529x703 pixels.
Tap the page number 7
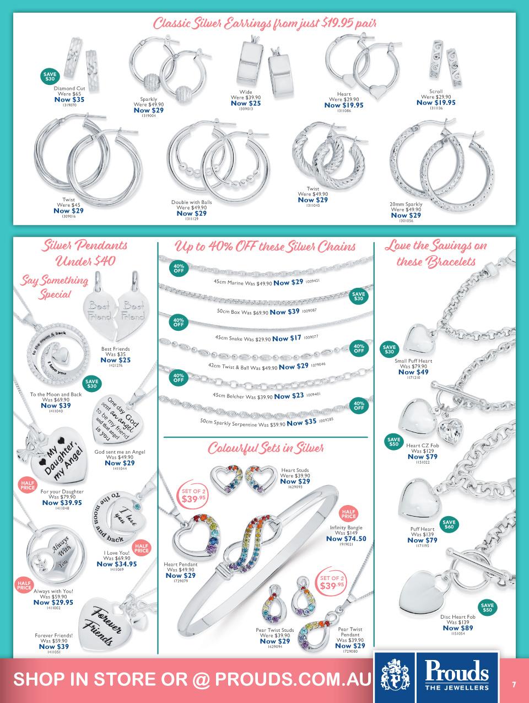(514, 684)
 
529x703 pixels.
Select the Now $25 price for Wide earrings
(245, 103)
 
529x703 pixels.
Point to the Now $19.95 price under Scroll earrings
(436, 103)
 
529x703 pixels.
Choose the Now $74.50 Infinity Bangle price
(346, 539)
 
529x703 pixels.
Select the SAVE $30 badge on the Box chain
(358, 297)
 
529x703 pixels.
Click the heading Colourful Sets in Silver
(265, 448)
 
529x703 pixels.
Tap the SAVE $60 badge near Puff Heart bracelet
(449, 524)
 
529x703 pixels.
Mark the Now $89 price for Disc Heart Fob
(457, 628)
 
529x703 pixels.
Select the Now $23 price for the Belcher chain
(289, 396)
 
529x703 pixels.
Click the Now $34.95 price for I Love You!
(116, 564)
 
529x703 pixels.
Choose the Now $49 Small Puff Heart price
(413, 372)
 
